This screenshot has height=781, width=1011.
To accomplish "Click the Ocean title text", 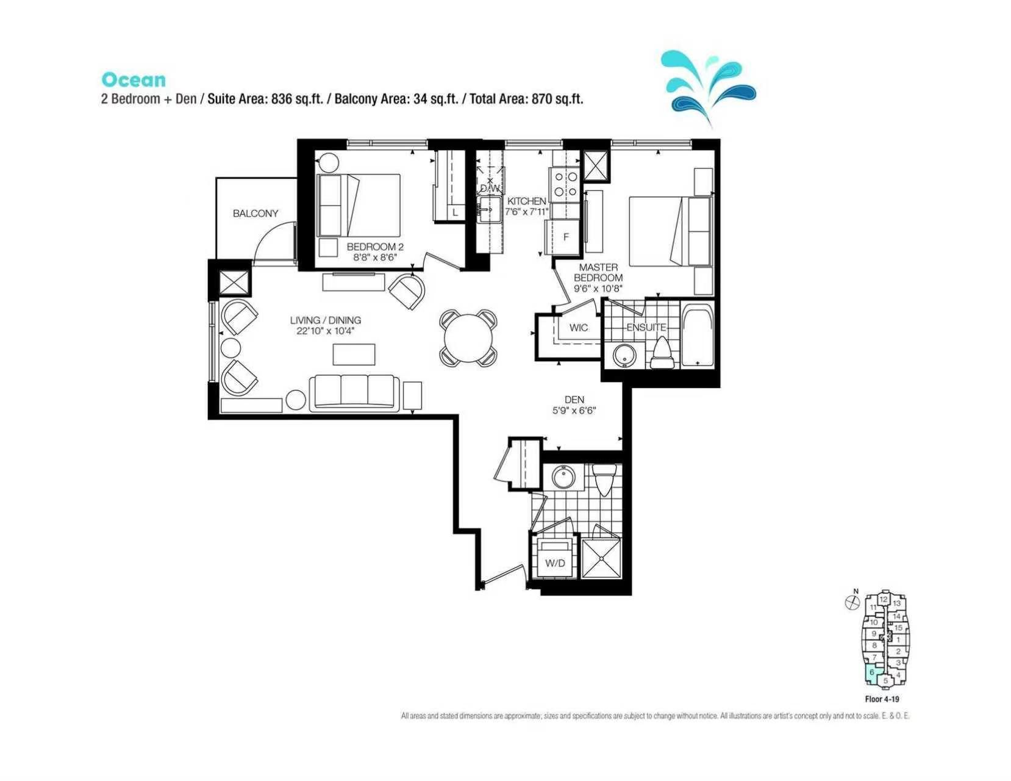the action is point(134,80).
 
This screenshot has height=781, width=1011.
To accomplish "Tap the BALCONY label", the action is point(255,213).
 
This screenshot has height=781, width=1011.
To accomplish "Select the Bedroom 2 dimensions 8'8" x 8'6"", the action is point(374,257).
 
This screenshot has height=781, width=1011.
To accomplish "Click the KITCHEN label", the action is point(526,201).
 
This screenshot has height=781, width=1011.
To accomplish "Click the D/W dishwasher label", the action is point(490,189).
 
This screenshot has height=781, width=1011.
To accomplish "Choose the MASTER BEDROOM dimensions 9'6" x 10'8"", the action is point(598,288).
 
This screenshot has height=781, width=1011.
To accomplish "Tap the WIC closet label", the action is point(578,328).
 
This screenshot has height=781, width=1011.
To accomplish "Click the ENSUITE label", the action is point(646,327).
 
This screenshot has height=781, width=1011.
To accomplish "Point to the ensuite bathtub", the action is point(697,336).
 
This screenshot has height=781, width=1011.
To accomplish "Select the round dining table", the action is point(468,339).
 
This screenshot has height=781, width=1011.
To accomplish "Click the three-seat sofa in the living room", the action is point(354,393).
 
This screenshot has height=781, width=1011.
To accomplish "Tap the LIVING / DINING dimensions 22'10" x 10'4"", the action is point(326,331).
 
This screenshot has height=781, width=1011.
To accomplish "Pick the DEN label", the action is point(574,399).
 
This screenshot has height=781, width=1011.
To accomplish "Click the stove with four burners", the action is point(565,184).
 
